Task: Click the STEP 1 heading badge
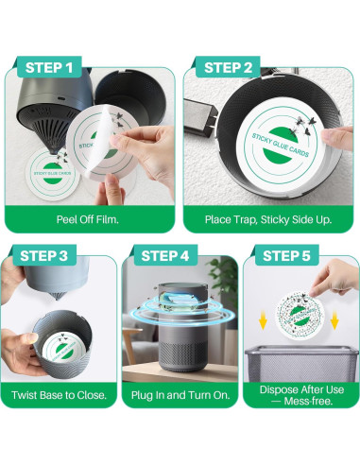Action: pyautogui.click(x=49, y=67)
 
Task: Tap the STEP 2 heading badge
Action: pyautogui.click(x=228, y=67)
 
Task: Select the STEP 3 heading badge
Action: pyautogui.click(x=44, y=255)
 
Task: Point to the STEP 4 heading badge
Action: pyautogui.click(x=165, y=255)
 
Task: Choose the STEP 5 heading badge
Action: pyautogui.click(x=286, y=255)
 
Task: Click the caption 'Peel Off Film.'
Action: pyautogui.click(x=88, y=219)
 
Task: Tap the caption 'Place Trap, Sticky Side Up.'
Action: pyautogui.click(x=268, y=219)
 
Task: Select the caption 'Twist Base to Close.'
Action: pyautogui.click(x=59, y=395)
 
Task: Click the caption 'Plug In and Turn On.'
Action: pyautogui.click(x=180, y=395)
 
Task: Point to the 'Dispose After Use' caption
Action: pyautogui.click(x=301, y=389)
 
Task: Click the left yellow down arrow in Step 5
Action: pyautogui.click(x=263, y=319)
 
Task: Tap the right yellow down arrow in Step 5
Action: pyautogui.click(x=334, y=319)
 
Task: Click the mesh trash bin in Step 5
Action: pyautogui.click(x=301, y=363)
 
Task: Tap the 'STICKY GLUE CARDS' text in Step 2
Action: pyautogui.click(x=281, y=145)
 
